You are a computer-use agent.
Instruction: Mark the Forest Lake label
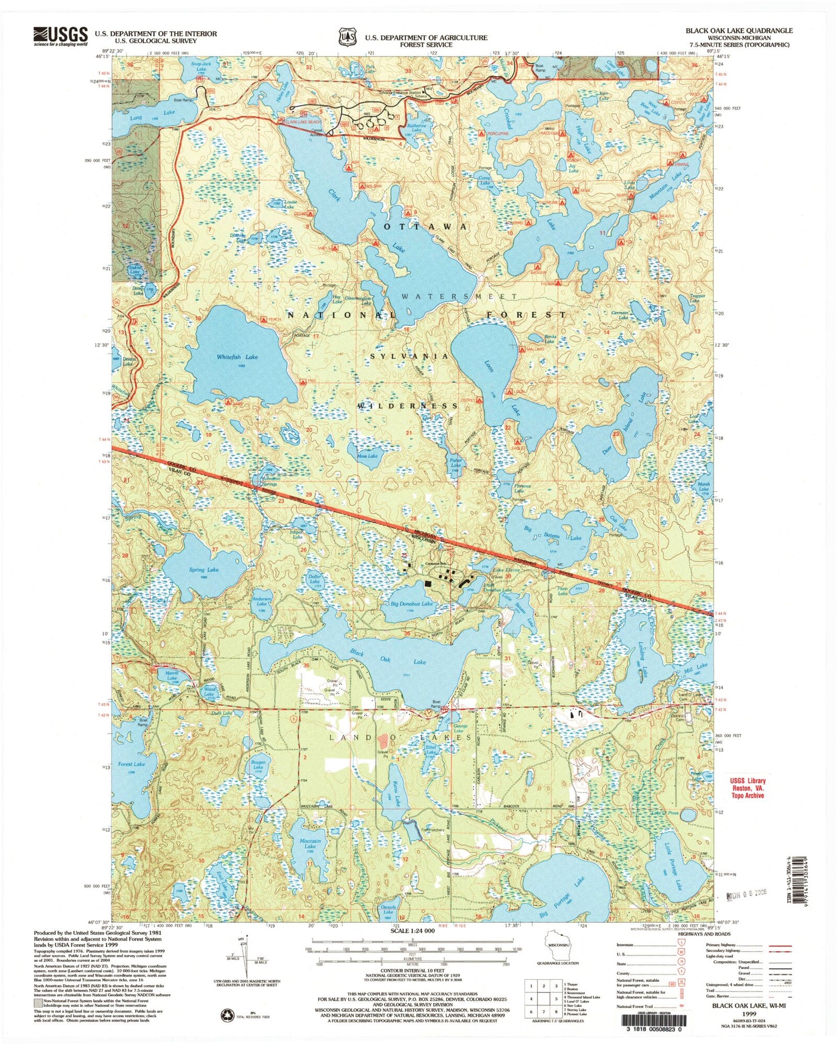132,764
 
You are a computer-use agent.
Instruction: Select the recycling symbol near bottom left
227,1014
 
